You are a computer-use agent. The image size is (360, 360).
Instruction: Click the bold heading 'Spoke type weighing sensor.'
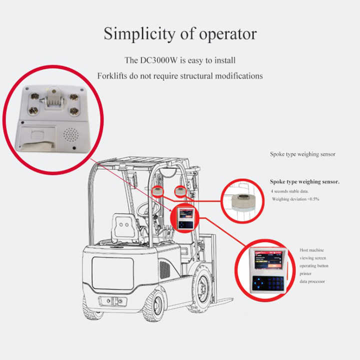click(304, 182)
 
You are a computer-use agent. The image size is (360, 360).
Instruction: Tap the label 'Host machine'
click(311, 249)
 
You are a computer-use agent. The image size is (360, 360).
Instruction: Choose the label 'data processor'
click(312, 281)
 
